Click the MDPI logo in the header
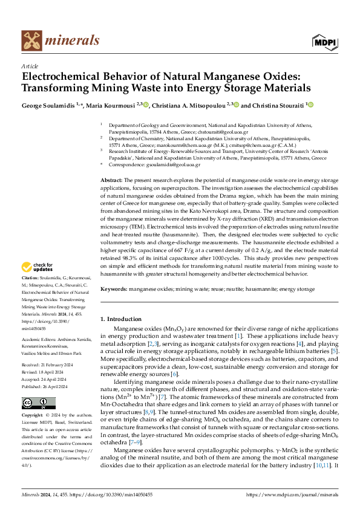point(323,41)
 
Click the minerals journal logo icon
point(31,41)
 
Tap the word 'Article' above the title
point(29,65)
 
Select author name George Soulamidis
point(45,105)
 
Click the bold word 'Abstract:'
point(111,181)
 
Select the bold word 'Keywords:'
point(114,290)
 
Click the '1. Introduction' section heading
point(120,319)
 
